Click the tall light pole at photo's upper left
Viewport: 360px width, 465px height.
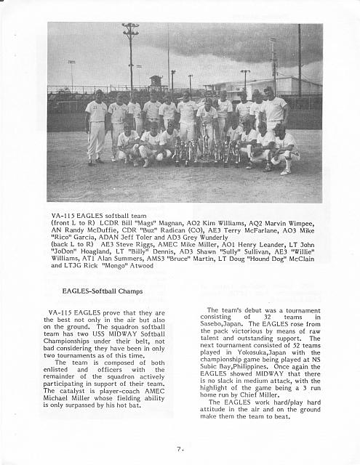point(130,58)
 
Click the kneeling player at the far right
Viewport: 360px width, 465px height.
point(284,148)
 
